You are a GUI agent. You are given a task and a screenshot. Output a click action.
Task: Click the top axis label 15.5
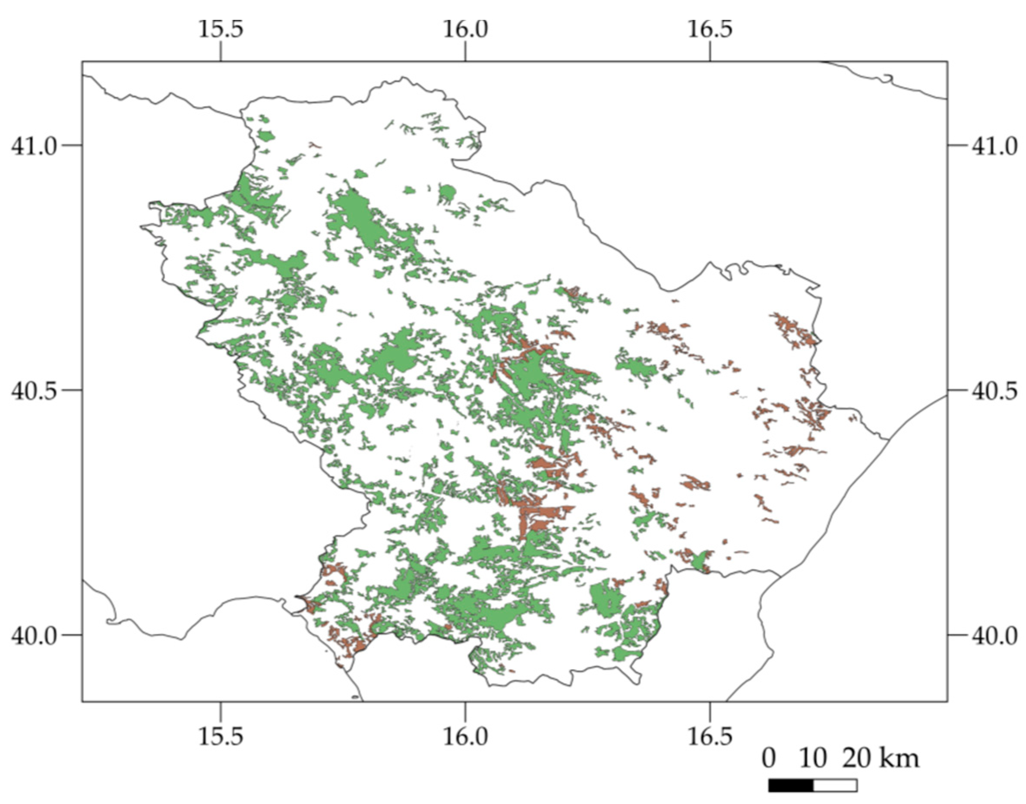coord(221,29)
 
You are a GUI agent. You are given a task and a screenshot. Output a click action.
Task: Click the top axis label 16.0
coord(465,29)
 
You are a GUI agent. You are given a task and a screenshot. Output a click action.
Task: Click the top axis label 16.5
coord(710,29)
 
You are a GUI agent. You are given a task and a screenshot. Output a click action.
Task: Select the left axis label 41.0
coord(33,146)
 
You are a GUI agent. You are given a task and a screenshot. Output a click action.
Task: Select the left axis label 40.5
coord(33,391)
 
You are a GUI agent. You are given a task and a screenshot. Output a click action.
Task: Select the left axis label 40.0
coord(33,636)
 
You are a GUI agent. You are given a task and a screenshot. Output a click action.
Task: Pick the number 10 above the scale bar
coord(813,759)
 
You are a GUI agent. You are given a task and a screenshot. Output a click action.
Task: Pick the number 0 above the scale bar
coord(768,759)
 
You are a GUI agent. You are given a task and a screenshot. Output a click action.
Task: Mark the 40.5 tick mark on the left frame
coord(72,390)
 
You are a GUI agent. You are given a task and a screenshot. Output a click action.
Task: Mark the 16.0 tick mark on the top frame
coord(465,55)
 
